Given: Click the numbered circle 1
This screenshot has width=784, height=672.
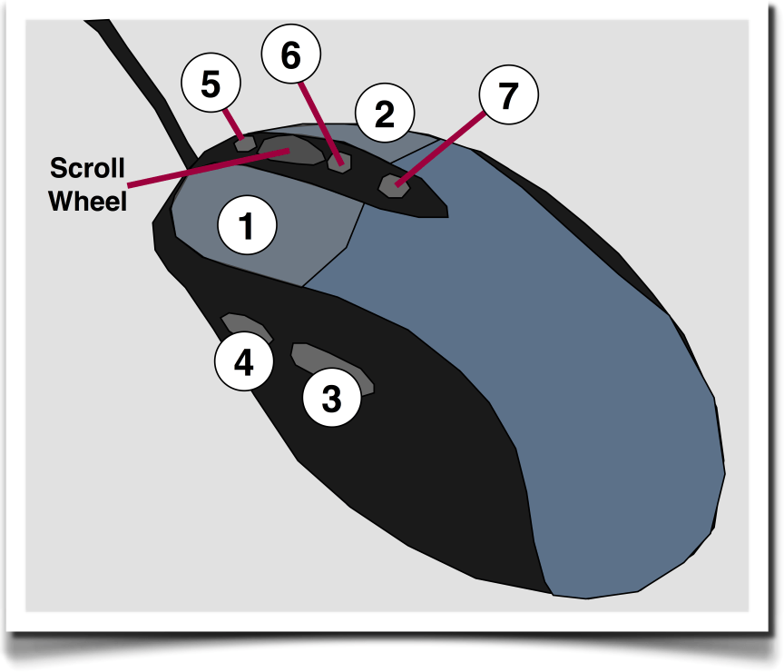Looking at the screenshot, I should click(246, 225).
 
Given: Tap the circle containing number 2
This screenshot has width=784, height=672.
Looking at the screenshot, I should click(385, 114).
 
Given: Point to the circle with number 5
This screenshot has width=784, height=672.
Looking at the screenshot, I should click(211, 85).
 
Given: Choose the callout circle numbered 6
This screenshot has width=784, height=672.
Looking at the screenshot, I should click(290, 55).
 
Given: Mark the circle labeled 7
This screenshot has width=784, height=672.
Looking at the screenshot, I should click(507, 94).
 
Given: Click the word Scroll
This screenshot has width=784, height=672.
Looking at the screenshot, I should click(87, 168).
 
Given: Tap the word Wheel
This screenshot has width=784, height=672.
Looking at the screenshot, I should click(87, 201).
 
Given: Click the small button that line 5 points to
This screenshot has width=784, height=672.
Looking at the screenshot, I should click(244, 143).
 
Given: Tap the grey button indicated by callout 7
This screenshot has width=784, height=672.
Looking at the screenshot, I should click(393, 185).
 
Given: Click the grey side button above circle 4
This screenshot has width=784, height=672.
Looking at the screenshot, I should click(245, 327).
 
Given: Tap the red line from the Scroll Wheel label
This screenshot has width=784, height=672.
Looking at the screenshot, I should click(200, 171).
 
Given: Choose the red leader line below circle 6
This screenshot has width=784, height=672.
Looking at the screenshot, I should click(317, 118).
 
